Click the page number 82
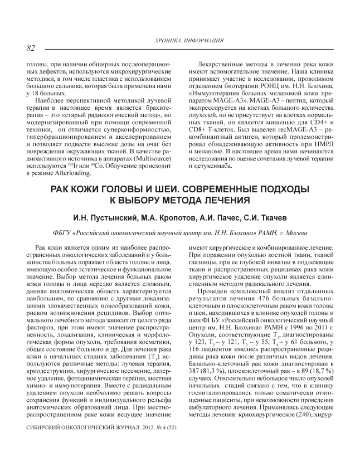click(31, 48)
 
